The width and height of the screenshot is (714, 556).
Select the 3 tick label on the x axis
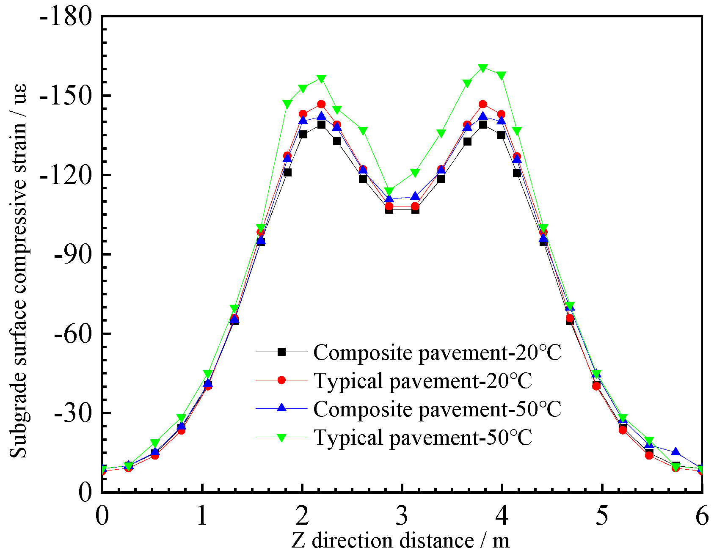[402, 516]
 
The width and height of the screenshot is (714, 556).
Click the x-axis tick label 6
[702, 516]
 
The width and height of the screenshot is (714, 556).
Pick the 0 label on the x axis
[102, 516]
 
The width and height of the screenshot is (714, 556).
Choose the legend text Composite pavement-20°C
[437, 352]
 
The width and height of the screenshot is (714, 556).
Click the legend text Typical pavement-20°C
[422, 380]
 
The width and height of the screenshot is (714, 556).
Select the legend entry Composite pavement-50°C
[437, 409]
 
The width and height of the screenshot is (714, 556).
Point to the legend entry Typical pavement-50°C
[422, 437]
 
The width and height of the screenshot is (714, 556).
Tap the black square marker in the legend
[281, 352]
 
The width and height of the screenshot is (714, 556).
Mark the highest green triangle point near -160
[483, 68]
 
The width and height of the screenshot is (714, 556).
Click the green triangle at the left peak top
[321, 79]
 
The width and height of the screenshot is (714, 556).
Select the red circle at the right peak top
[483, 105]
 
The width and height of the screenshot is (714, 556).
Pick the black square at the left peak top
[321, 124]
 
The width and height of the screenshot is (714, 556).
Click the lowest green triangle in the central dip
[389, 191]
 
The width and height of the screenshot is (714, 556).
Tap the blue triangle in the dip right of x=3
[415, 196]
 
